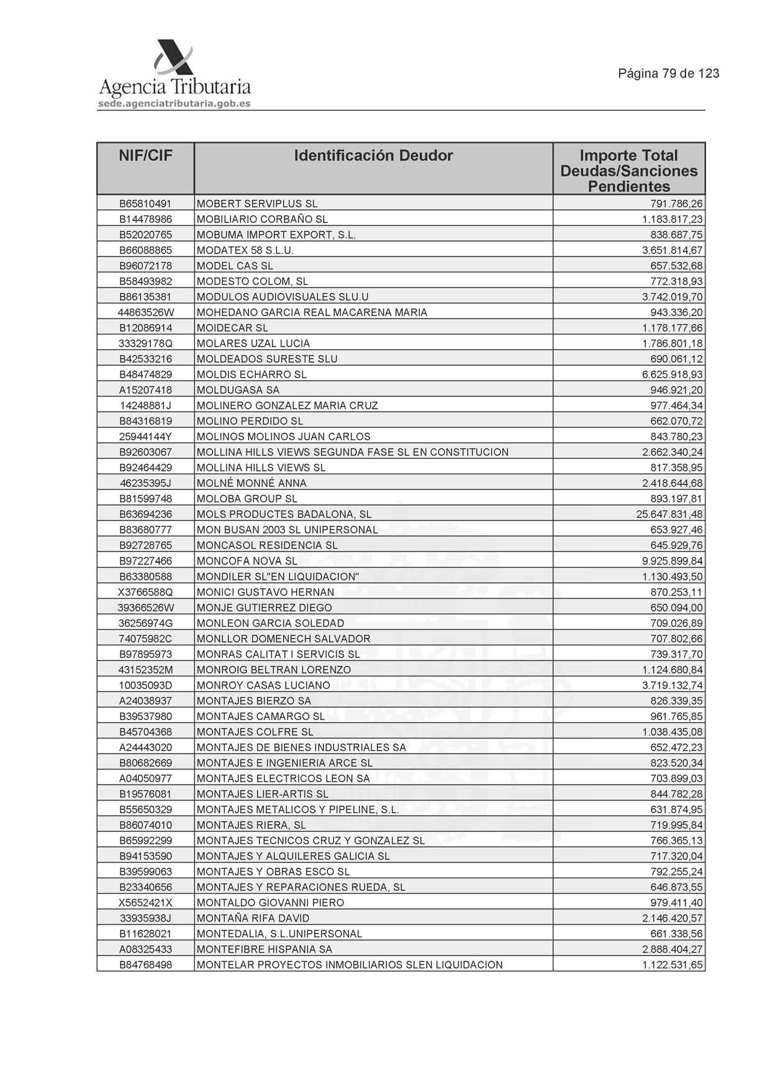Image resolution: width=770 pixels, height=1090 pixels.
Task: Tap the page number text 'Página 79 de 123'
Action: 668,73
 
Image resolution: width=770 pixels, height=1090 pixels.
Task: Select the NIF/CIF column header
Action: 145,156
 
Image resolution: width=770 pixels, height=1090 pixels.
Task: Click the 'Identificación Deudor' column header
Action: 373,156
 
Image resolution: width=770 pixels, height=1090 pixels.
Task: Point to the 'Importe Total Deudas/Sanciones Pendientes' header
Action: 628,171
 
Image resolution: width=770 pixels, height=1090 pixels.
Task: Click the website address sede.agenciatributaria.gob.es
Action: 174,104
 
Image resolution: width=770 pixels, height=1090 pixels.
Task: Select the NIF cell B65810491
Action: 145,204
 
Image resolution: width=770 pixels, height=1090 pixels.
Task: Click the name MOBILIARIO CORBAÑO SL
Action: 262,219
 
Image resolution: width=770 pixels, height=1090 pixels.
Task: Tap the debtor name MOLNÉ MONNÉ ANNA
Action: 251,483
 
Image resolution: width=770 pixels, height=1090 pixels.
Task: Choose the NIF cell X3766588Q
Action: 145,592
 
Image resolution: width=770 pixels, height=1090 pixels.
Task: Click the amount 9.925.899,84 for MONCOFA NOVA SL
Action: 673,561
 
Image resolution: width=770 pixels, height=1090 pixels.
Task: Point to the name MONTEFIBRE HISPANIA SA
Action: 264,949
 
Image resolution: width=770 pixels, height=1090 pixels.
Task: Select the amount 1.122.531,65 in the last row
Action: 673,965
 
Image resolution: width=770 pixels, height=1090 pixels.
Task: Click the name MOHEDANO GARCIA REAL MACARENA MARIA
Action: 312,312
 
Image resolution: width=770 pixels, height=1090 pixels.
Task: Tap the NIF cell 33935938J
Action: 145,918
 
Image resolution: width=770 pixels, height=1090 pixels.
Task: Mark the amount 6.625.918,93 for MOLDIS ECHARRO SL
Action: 673,375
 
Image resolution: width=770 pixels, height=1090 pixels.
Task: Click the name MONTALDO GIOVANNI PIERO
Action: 270,902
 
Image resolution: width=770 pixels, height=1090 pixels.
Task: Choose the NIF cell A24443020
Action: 145,747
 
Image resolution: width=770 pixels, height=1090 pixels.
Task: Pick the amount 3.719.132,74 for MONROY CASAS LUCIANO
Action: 673,685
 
